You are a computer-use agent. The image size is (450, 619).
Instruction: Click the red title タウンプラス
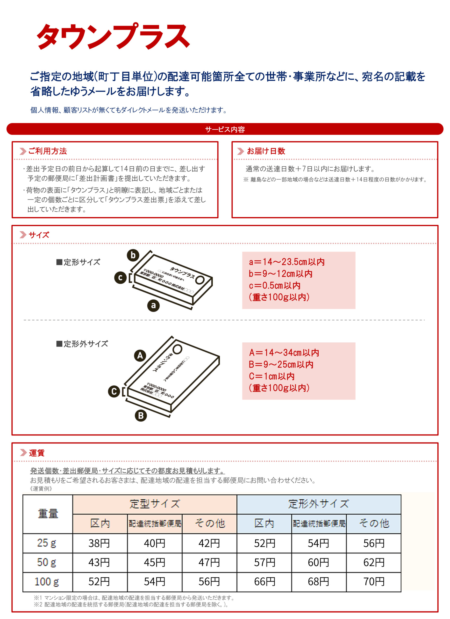pyautogui.click(x=113, y=36)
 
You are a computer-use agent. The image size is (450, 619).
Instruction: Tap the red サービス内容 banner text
pyautogui.click(x=225, y=129)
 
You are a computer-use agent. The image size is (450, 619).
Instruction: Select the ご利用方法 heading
pyautogui.click(x=47, y=151)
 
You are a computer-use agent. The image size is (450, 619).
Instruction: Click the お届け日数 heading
pyautogui.click(x=266, y=151)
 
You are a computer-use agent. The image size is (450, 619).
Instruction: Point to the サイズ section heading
pyautogui.click(x=39, y=235)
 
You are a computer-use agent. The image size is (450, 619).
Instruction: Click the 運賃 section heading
pyautogui.click(x=36, y=453)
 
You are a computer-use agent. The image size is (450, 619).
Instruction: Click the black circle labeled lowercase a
pyautogui.click(x=153, y=305)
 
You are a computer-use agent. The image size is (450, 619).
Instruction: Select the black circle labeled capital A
pyautogui.click(x=140, y=356)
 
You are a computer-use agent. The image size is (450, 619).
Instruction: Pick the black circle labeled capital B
pyautogui.click(x=141, y=416)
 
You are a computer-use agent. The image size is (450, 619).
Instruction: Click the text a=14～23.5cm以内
pyautogui.click(x=287, y=262)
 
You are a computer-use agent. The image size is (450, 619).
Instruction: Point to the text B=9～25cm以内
pyautogui.click(x=281, y=365)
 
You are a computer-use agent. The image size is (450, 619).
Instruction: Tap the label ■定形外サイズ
pyautogui.click(x=82, y=344)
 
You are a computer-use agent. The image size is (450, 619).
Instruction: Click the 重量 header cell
pyautogui.click(x=48, y=514)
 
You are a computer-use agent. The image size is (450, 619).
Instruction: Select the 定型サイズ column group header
pyautogui.click(x=155, y=504)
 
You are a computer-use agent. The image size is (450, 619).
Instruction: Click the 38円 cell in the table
pyautogui.click(x=99, y=543)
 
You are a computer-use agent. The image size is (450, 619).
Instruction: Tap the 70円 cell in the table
pyautogui.click(x=374, y=582)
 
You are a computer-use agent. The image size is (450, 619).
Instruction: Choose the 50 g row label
pyautogui.click(x=47, y=562)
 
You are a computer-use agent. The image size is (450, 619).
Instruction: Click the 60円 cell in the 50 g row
pyautogui.click(x=318, y=562)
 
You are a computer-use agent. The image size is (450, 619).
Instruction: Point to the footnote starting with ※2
pyautogui.click(x=131, y=604)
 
